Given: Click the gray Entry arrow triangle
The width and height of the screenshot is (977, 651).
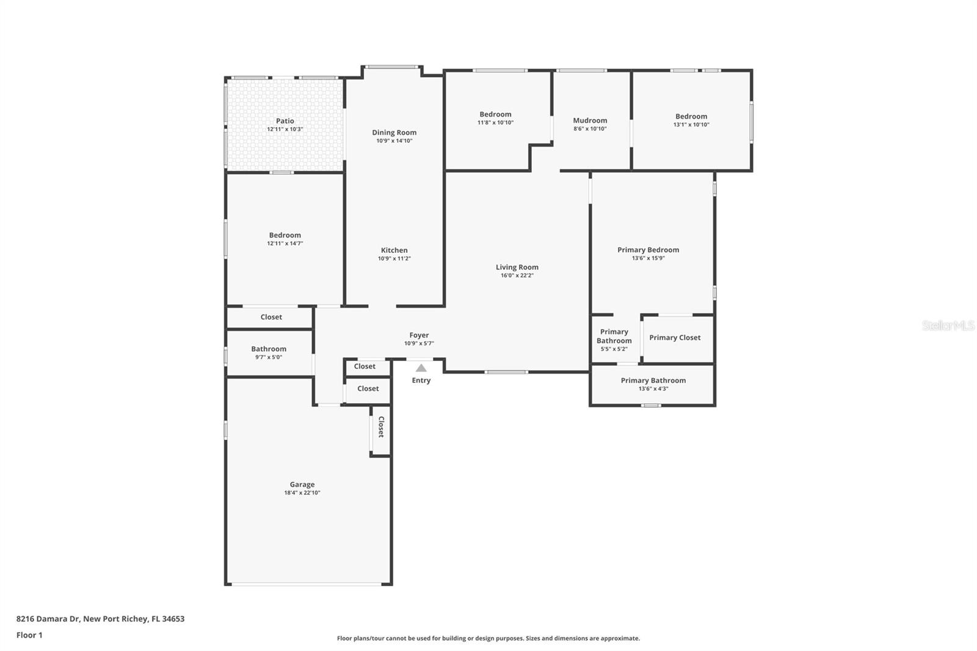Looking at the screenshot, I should coord(421,368).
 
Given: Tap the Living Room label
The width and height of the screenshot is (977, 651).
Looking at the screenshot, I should coord(517,267).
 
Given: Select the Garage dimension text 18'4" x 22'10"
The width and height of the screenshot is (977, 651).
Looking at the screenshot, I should coord(302,493).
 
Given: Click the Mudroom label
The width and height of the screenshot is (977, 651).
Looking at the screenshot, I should coord(590,120).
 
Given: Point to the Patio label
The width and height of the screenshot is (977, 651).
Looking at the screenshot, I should coord(285,121).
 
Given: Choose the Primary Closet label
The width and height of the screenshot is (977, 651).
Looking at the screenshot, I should coord(675,338).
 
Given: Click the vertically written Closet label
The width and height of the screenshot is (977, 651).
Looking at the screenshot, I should coord(381,427).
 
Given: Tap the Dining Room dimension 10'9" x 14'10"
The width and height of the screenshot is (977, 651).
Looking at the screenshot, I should coord(394,141).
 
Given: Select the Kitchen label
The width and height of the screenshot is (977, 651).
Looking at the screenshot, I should coord(394,250).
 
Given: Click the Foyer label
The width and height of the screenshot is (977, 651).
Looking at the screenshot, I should coord(419,335).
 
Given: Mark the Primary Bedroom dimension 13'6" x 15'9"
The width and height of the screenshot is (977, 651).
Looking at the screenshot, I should coord(648,258).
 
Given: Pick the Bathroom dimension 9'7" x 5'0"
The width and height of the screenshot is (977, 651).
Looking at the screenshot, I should coord(269,357).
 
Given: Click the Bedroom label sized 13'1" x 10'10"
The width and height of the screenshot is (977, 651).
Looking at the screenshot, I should coord(691,117).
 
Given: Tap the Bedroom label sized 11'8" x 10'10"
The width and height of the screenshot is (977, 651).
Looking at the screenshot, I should coord(495,114).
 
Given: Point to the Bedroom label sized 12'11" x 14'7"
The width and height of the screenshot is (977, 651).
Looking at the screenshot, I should coord(285,235).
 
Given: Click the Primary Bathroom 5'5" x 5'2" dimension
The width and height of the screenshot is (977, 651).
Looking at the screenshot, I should coord(614,349).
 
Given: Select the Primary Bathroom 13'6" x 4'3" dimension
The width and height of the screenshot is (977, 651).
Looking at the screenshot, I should coord(653,388).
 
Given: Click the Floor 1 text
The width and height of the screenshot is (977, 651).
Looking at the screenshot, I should coord(29,635).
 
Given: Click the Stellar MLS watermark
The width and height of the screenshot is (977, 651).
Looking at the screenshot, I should coord(948,325).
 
